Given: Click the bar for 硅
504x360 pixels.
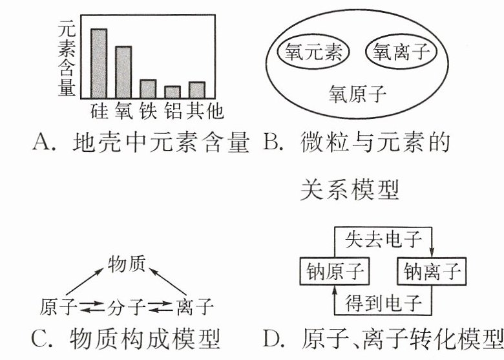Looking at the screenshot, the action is tap(99, 63).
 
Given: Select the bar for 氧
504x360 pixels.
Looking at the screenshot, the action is tap(123, 72).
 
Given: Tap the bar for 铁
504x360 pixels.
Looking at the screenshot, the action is tap(148, 89).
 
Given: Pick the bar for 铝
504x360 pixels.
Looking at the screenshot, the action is tap(172, 92).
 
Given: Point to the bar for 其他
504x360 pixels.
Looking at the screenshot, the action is tap(196, 90).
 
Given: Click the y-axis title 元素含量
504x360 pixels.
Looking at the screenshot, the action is tap(67, 58).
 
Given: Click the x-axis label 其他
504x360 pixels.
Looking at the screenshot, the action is tap(204, 112).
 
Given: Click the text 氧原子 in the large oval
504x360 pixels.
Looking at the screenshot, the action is tap(357, 95).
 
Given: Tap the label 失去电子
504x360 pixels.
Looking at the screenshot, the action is tap(383, 240).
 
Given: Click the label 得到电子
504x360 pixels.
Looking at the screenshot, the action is tap(383, 302).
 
